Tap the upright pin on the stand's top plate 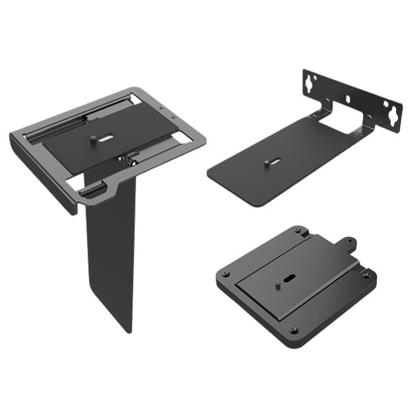92,140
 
